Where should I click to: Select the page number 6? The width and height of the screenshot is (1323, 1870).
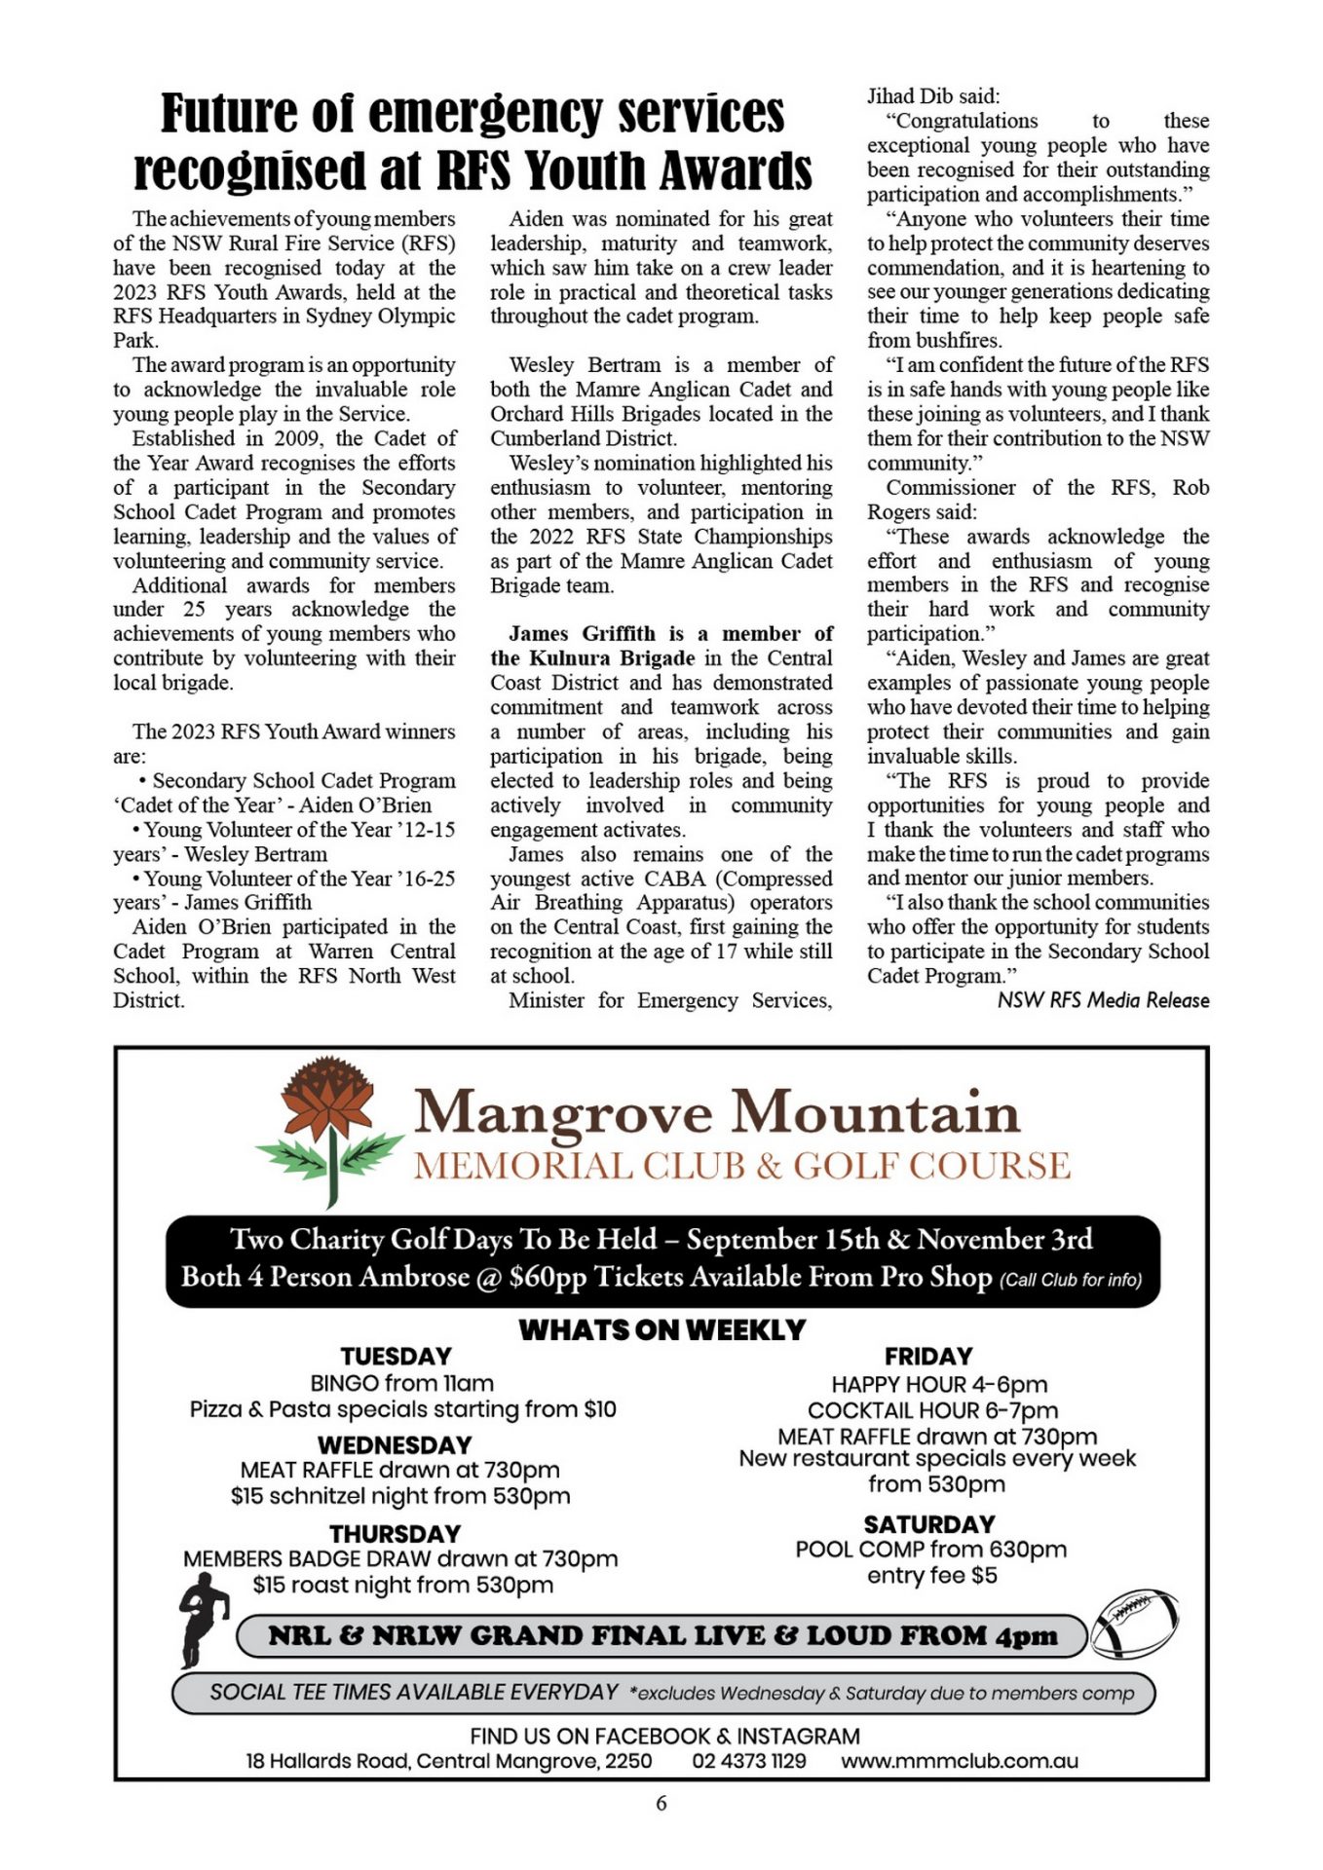661,1803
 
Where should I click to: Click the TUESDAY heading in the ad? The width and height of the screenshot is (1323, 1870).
397,1357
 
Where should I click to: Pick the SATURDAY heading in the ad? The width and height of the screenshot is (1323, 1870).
929,1524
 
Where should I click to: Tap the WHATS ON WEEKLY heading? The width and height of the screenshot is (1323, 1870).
661,1329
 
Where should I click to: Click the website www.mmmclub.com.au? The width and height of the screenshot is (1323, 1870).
960,1761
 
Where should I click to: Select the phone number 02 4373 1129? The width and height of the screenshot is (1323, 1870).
749,1761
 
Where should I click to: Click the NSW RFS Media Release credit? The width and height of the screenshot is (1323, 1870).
1103,1000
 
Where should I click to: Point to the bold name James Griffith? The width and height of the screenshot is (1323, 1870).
582,634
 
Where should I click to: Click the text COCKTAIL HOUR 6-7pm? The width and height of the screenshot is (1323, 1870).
932,1410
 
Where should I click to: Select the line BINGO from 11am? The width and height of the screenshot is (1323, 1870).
401,1383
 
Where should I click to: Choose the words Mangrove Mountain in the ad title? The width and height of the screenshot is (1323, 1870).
717,1112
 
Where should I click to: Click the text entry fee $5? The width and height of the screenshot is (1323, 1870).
932,1576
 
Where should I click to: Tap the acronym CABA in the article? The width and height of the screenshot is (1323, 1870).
667,879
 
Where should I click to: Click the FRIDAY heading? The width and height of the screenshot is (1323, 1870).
928,1357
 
